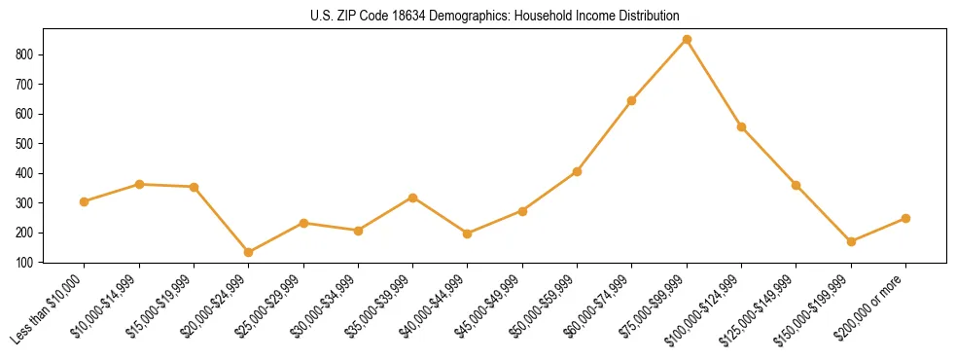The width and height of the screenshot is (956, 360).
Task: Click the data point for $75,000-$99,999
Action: pyautogui.click(x=687, y=39)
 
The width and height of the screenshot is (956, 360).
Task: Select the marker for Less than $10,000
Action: pyautogui.click(x=84, y=201)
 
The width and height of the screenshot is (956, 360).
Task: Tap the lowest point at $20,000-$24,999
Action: pyautogui.click(x=248, y=252)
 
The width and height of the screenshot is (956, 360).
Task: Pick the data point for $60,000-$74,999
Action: pyautogui.click(x=632, y=100)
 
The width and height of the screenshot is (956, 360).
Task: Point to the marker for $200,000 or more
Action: pyautogui.click(x=905, y=218)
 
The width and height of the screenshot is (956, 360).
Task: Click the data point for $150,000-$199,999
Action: pyautogui.click(x=851, y=241)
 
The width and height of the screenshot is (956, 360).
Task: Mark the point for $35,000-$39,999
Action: pyautogui.click(x=412, y=198)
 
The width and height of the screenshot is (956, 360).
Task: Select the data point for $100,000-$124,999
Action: pyautogui.click(x=741, y=126)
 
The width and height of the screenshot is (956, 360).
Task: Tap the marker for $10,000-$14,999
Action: pyautogui.click(x=139, y=184)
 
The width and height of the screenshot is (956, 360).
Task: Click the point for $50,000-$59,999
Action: pyautogui.click(x=577, y=171)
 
